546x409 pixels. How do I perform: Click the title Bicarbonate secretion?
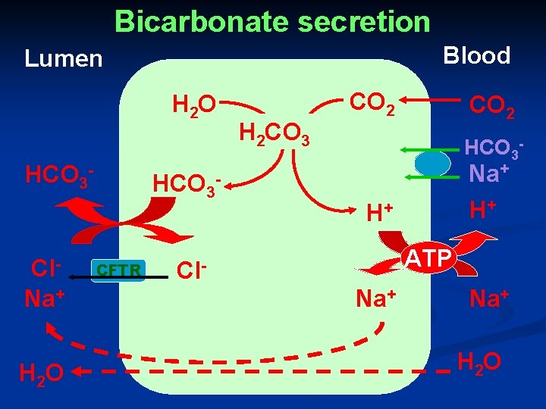(x=272, y=21)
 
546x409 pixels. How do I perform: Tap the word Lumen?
(x=63, y=58)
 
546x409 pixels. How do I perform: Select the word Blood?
(x=476, y=55)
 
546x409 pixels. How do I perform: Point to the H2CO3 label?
(x=274, y=135)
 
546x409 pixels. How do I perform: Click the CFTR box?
(x=118, y=270)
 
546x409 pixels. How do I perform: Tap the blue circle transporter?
(x=432, y=163)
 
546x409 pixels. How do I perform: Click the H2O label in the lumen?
(x=39, y=373)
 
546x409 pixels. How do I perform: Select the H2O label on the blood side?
(x=480, y=362)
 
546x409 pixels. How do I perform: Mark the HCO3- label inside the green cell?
(x=187, y=184)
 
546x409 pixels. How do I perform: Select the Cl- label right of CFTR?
(x=191, y=270)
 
